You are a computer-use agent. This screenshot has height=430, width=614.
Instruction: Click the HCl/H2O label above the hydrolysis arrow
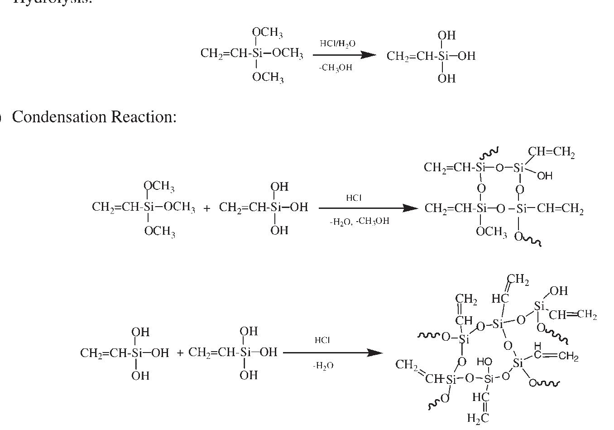[x=337, y=43]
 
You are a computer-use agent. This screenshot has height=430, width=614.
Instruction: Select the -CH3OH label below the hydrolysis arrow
[x=335, y=68]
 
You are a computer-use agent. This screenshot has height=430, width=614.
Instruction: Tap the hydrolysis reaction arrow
[x=344, y=55]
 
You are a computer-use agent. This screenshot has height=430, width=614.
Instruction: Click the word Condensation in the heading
[x=59, y=117]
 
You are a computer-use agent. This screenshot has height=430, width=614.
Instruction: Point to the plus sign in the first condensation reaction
[x=207, y=208]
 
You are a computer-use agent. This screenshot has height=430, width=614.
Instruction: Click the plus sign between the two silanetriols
[x=180, y=353]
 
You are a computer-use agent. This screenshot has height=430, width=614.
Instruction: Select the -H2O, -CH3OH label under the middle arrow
[x=359, y=222]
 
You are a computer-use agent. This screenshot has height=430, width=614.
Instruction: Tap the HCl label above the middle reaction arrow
[x=354, y=198]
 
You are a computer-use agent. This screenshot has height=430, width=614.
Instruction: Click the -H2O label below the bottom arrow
[x=323, y=366]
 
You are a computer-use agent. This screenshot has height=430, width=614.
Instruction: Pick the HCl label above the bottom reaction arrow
[x=322, y=340]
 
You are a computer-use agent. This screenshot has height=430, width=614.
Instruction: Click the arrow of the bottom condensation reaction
[x=333, y=353]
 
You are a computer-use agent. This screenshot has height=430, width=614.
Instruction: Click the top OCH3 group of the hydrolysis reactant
[x=267, y=33]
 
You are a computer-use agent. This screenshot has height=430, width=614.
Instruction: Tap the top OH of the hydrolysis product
[x=446, y=35]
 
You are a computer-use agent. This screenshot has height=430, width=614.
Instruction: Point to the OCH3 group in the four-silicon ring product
[x=491, y=232]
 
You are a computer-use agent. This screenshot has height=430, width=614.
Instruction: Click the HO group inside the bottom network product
[x=484, y=362]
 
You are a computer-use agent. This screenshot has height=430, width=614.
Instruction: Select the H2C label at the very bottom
[x=477, y=419]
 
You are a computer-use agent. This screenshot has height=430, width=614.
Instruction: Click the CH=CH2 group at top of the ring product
[x=551, y=152]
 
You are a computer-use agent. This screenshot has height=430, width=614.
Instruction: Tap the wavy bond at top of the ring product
[x=490, y=152]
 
